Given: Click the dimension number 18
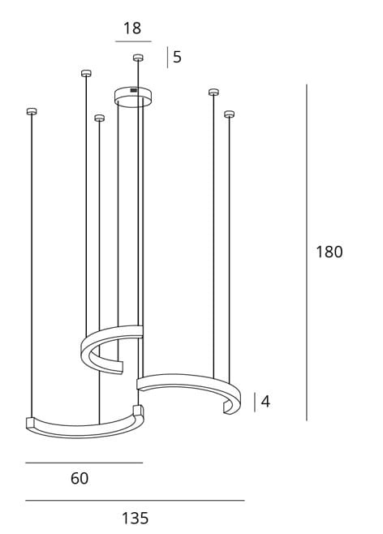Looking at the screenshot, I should click(132, 29).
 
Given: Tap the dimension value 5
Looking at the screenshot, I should click(177, 58).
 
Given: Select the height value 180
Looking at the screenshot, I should click(329, 252).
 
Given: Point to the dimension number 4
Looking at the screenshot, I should click(265, 402).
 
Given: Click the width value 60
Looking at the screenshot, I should click(79, 479).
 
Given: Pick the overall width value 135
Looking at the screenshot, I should click(135, 518).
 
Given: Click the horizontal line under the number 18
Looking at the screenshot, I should click(133, 41).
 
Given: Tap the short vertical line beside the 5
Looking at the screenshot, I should click(167, 58).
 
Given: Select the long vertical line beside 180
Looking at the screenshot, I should click(307, 252).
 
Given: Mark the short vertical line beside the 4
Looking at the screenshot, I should click(255, 402).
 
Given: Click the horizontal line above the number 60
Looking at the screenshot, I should click(84, 463).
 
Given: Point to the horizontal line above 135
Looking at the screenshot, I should click(135, 501).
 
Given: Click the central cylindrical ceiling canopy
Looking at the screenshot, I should click(134, 97).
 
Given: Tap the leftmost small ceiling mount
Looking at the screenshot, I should click(32, 111).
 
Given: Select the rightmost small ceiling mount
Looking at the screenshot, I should click(229, 113).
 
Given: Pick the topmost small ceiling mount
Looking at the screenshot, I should click(138, 57).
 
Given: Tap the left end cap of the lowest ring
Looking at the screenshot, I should click(30, 422).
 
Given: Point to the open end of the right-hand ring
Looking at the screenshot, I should click(231, 403).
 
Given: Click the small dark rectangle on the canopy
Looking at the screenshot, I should click(134, 89).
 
